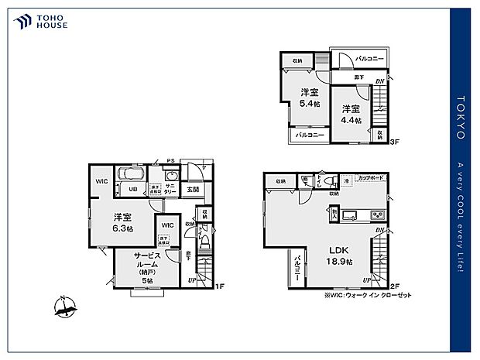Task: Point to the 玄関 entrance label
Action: (192, 190)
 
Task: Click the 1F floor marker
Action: (219, 286)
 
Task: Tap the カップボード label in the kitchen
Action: (372, 177)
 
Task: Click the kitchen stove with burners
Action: (378, 214)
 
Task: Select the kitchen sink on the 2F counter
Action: (349, 214)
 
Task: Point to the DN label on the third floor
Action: (379, 81)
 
